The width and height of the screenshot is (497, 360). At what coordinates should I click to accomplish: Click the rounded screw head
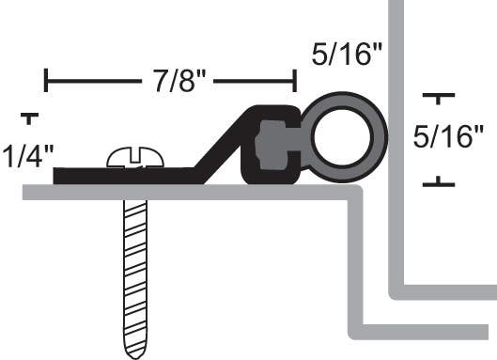135,158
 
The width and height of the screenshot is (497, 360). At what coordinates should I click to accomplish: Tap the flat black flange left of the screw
80,175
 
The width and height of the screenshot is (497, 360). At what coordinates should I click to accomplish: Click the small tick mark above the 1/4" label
30,118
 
